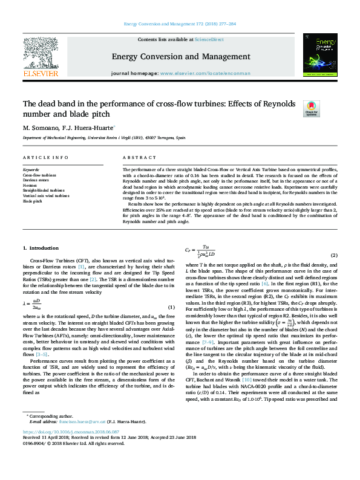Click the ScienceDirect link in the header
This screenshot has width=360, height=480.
click(x=209, y=39)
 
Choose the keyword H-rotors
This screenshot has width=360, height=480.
click(x=30, y=186)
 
